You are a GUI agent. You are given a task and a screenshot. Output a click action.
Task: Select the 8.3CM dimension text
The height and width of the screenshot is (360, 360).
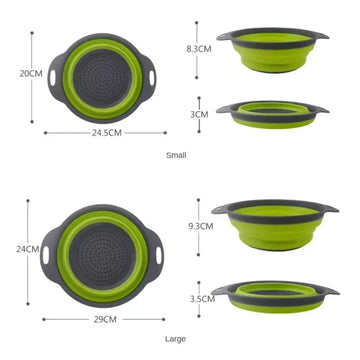(198, 47)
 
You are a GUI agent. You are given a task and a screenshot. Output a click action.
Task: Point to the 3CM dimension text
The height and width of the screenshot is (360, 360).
(199, 115)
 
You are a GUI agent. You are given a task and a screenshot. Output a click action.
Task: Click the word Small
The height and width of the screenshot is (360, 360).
(177, 155)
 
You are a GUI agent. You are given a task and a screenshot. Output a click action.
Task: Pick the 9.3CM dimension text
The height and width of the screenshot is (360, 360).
(200, 226)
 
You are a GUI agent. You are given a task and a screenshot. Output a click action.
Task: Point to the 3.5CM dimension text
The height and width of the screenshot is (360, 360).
(201, 298)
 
